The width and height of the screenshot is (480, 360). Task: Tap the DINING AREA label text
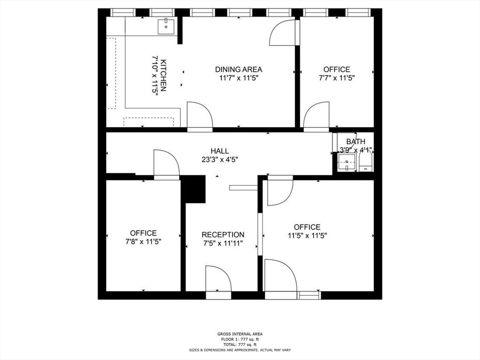click(239, 69)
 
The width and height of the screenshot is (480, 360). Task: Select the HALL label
click(219, 151)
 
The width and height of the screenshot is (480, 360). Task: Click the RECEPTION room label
click(223, 234)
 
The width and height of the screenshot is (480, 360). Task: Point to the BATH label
click(356, 142)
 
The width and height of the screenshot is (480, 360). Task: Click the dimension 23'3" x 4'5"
click(219, 159)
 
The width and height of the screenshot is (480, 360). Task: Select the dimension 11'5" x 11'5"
click(307, 236)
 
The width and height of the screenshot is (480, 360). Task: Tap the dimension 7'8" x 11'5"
click(143, 241)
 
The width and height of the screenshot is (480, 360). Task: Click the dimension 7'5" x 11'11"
click(223, 243)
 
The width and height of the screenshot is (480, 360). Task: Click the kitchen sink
click(165, 26)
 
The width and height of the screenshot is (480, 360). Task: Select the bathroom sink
click(347, 163)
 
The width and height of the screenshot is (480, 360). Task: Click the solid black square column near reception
click(193, 189)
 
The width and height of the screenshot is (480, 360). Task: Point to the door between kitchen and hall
click(199, 116)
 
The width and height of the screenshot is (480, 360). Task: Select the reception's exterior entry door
click(218, 281)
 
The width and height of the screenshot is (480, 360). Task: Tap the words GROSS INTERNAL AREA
click(240, 334)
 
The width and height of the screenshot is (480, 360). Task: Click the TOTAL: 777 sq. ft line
click(240, 345)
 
